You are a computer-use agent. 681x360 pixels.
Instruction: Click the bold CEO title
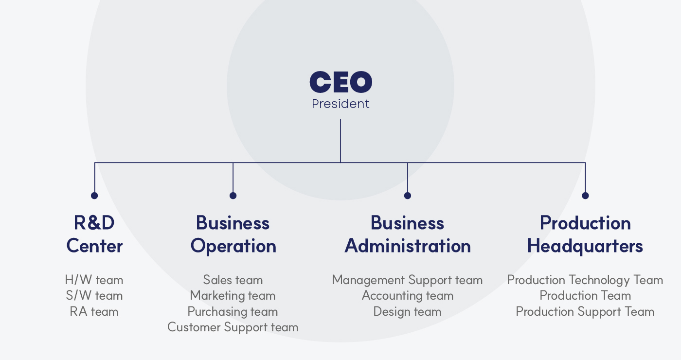[x=340, y=82]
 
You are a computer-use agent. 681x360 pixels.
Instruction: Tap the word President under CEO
[x=340, y=104]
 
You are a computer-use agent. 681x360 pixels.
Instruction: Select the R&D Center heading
[x=94, y=234]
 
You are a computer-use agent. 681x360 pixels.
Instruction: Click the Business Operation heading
[x=233, y=234]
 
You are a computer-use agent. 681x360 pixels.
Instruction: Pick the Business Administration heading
[x=408, y=234]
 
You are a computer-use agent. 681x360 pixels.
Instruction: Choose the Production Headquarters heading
[x=585, y=234]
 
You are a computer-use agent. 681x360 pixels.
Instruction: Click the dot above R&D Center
[x=94, y=196]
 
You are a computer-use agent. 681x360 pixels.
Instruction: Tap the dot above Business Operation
[x=233, y=196]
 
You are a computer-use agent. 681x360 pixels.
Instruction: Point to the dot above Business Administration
[x=408, y=196]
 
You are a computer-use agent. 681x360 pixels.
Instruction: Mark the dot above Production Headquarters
[x=585, y=196]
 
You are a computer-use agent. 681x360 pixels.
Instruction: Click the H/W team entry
[x=94, y=280]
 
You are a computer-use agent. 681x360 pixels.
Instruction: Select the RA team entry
[x=94, y=311]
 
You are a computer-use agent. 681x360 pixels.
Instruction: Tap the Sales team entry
[x=233, y=280]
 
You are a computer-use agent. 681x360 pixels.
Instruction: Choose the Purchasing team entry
[x=233, y=311]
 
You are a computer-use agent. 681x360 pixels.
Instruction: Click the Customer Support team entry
[x=233, y=327]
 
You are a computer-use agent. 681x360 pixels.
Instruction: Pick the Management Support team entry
[x=408, y=280]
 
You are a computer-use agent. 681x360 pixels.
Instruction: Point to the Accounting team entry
[x=408, y=296]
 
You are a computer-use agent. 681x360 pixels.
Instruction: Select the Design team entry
[x=408, y=311]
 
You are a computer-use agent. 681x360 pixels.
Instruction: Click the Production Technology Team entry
[x=585, y=280]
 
